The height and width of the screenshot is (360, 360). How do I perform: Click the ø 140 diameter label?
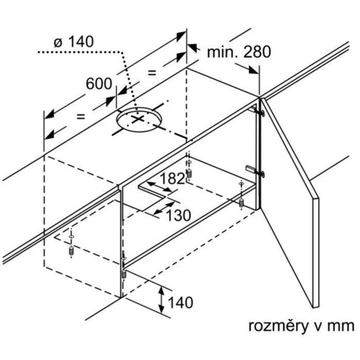tap(75, 41)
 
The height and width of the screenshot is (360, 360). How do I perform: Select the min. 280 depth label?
tap(238, 51)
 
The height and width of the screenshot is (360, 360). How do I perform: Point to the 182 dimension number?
tap(172, 179)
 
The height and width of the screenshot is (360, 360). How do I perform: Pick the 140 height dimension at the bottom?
tap(179, 302)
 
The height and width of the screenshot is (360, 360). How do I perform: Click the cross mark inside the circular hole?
tap(137, 119)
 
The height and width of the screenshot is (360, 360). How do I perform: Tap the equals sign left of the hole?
tap(80, 116)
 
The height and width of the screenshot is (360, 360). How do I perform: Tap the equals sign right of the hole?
tap(152, 73)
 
